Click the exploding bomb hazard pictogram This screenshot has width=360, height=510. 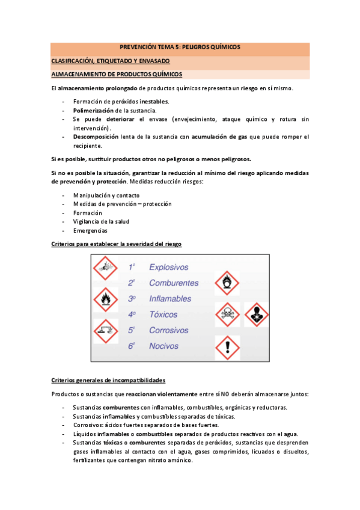(x=106, y=266)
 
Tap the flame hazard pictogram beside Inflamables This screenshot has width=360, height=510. (x=106, y=299)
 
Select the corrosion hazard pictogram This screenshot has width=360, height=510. (x=106, y=331)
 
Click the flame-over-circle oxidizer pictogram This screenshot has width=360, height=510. (x=226, y=281)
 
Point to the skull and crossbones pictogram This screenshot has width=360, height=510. (x=226, y=314)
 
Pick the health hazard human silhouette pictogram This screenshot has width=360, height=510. (x=258, y=314)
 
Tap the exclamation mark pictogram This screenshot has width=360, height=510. (x=226, y=346)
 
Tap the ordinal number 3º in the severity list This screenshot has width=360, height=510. (x=132, y=298)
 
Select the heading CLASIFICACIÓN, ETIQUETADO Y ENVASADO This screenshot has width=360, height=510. (x=111, y=61)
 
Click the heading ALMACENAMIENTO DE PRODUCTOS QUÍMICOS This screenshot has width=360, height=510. (x=117, y=75)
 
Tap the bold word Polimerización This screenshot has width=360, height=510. (x=93, y=111)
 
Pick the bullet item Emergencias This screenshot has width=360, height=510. (x=90, y=230)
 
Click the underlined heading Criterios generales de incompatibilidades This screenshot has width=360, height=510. (x=108, y=380)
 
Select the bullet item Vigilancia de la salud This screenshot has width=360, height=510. (x=101, y=221)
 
